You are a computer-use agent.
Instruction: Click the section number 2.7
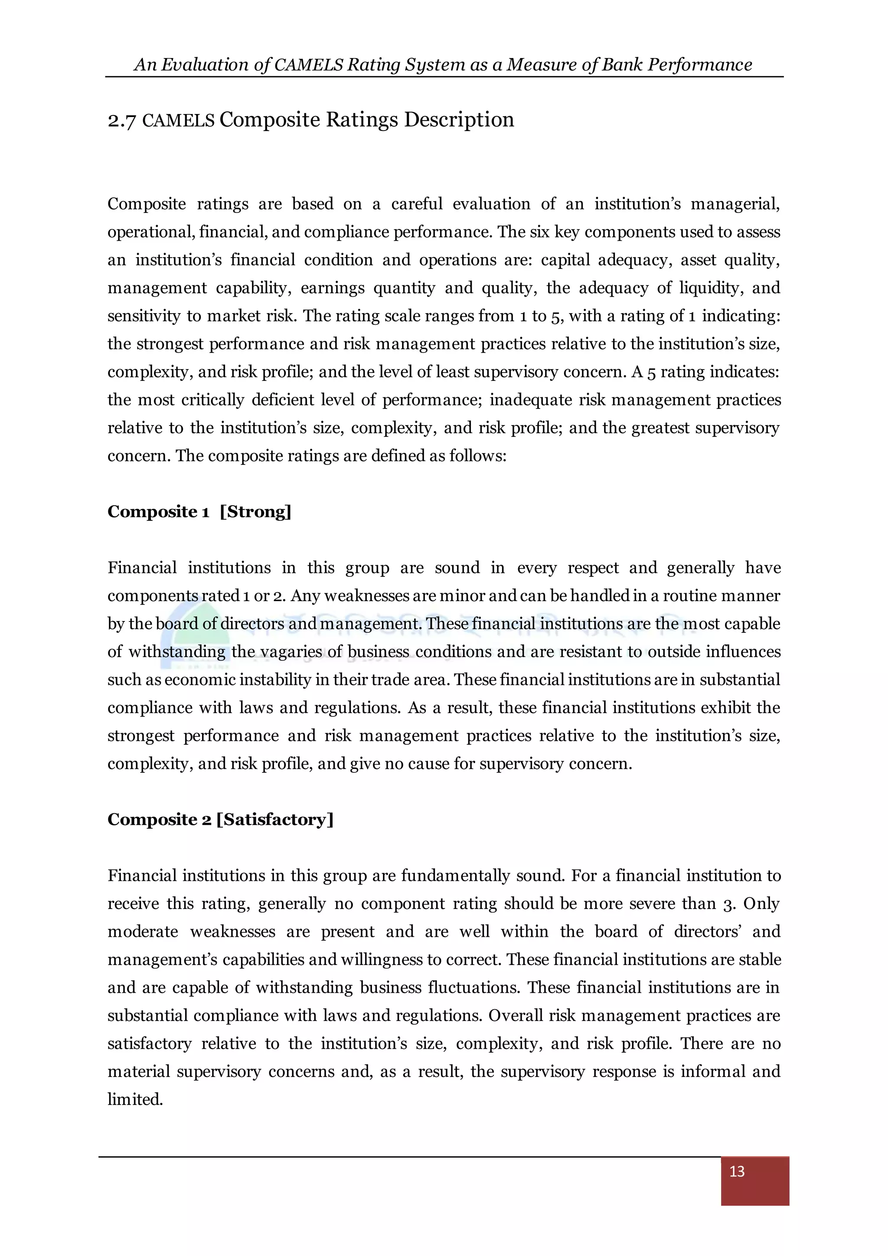121,120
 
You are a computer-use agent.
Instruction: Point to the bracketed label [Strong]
255,511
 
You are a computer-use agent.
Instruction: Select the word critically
212,400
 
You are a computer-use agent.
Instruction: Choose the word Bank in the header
622,65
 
